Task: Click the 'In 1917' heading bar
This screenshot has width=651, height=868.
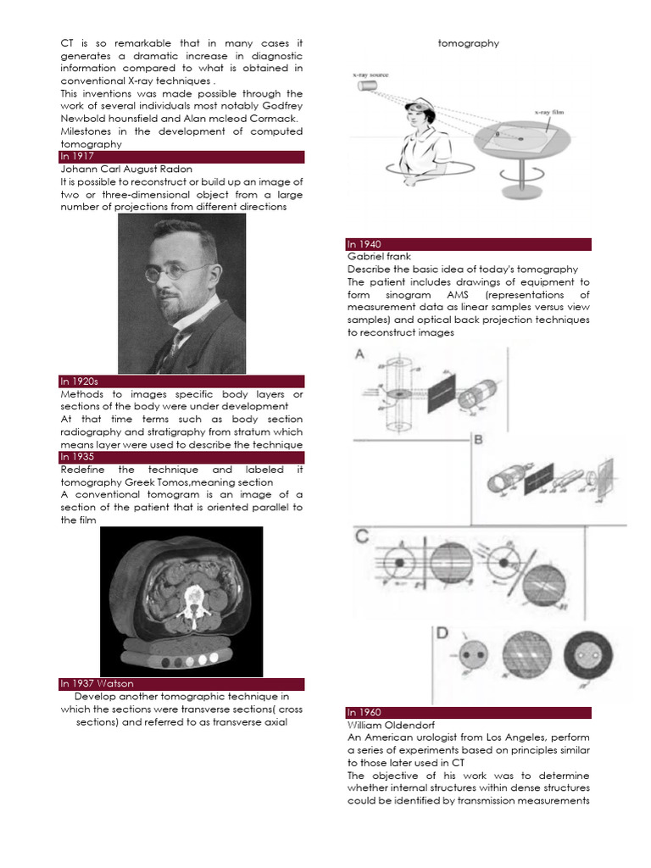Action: (181, 157)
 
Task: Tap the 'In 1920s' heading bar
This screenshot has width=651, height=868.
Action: (181, 381)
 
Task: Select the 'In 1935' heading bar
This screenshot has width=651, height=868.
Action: (181, 457)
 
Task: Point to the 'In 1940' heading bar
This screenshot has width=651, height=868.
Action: (469, 244)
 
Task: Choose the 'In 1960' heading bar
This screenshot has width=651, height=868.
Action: (469, 713)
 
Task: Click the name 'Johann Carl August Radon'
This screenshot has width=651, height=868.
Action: (126, 170)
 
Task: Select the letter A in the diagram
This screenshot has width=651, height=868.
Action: (359, 356)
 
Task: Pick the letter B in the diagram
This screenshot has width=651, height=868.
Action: (478, 439)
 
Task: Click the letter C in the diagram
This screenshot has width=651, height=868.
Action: (363, 536)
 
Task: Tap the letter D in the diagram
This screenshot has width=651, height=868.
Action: (442, 633)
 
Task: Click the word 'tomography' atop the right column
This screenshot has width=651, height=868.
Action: (468, 43)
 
